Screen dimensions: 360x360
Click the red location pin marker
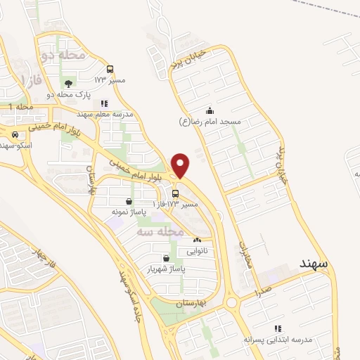(x=181, y=166)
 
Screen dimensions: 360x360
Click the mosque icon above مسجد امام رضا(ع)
(x=210, y=110)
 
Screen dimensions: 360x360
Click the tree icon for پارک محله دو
(x=67, y=84)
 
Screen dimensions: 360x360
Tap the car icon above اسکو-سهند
(x=15, y=134)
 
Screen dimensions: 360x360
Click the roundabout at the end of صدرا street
(x=232, y=303)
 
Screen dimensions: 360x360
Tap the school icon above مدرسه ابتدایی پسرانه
(x=278, y=328)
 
